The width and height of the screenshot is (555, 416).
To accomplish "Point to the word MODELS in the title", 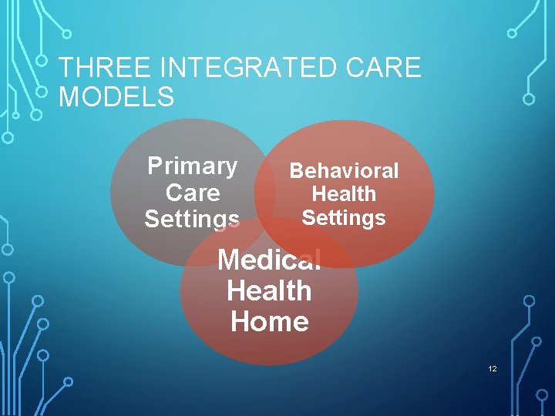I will pos(116,98).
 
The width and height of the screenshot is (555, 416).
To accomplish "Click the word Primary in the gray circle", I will pos(193,166).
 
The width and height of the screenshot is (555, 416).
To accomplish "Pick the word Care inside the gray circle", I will pos(193,193).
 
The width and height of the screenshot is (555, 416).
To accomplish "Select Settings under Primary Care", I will pos(192,219).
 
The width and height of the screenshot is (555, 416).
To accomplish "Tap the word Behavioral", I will pos(344,170).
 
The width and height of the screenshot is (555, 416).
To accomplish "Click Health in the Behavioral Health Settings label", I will pos(344,194).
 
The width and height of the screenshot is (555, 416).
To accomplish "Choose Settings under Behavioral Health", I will pos(344,218).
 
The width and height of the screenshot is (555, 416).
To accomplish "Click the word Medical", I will pos(269,260).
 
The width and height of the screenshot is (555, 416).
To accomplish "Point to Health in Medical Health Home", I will pos(269,291).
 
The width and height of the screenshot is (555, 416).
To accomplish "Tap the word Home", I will pos(269,321).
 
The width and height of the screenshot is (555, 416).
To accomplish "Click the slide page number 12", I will pos(493,370).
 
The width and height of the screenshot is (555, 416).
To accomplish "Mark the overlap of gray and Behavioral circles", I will pos(264,193).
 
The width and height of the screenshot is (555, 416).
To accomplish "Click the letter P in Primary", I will pos(155,166).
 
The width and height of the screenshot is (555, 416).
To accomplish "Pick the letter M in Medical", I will pos(230,260).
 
